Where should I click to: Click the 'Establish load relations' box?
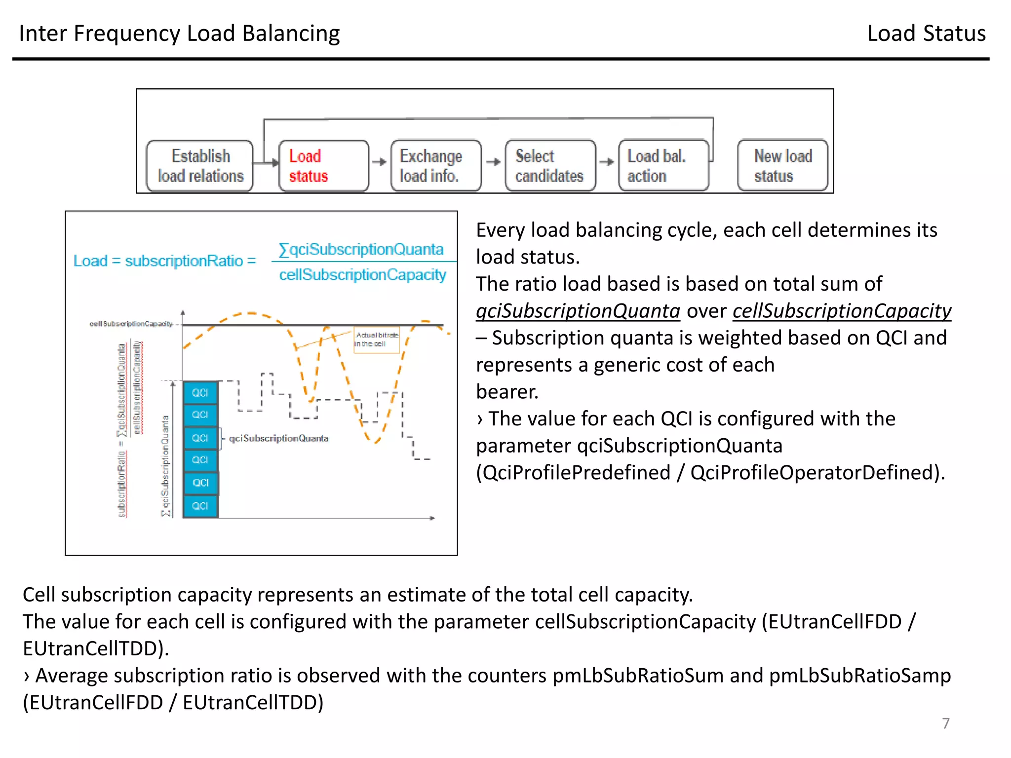200,166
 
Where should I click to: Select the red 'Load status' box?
323,166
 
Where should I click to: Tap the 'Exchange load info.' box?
435,166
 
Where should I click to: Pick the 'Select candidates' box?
550,166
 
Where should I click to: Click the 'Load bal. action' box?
663,166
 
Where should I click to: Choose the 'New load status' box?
782,166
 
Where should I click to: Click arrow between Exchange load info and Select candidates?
493,162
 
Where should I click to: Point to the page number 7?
945,723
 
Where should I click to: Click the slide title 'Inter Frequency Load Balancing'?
179,34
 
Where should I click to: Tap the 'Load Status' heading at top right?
926,34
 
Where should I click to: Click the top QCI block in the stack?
200,393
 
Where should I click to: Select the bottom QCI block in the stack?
200,506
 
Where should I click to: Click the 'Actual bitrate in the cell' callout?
376,340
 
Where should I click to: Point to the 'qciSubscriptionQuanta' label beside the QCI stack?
278,438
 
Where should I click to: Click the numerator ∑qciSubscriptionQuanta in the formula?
361,249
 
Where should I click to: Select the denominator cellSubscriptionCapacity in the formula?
362,274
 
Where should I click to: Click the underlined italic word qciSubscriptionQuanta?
578,311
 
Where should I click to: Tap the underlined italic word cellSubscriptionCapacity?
841,311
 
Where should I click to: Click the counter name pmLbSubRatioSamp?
859,676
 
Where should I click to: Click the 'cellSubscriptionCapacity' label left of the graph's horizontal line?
131,324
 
